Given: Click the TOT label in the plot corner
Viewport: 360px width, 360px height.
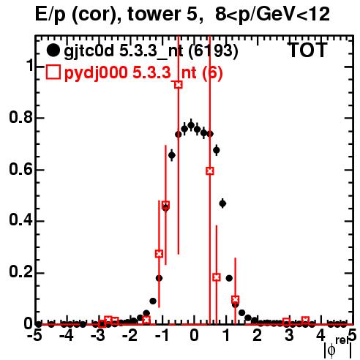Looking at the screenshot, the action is click(x=308, y=50).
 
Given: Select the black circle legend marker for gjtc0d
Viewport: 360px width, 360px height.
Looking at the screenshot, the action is click(x=53, y=50).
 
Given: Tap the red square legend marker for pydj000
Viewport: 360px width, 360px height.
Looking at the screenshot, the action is click(x=53, y=72).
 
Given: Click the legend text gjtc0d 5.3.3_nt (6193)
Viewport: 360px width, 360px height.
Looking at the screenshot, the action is click(x=151, y=51).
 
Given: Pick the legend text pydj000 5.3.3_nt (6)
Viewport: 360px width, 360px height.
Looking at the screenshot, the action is click(x=143, y=73).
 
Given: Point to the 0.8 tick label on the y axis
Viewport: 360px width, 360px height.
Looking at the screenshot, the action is click(x=20, y=118).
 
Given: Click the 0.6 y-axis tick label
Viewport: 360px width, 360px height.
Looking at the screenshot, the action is click(x=20, y=170).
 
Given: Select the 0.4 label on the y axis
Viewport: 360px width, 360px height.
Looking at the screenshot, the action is click(x=20, y=221).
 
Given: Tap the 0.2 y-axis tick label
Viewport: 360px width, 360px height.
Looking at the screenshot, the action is click(x=20, y=273).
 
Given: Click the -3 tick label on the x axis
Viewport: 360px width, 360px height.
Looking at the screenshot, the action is click(x=98, y=336).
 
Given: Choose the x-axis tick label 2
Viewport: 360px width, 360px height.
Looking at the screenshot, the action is click(x=258, y=336).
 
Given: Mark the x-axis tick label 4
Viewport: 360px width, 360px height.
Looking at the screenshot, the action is click(x=320, y=336).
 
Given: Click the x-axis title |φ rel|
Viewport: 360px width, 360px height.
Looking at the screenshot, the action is click(x=338, y=348).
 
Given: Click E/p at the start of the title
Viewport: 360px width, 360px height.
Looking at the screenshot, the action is click(x=50, y=15).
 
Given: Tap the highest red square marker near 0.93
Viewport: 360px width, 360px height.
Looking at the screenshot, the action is click(x=179, y=85).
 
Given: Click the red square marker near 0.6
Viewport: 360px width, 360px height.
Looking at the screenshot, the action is click(x=210, y=171).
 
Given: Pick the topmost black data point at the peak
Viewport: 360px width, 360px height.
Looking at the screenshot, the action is click(x=191, y=125).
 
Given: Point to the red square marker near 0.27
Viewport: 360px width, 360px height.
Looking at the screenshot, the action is click(x=159, y=254).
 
